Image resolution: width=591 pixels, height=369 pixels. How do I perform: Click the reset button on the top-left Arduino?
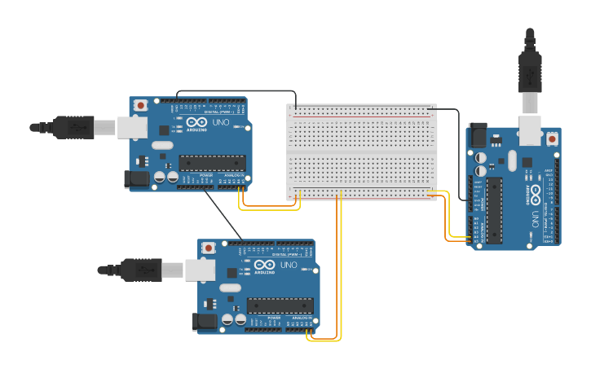tap(141, 105)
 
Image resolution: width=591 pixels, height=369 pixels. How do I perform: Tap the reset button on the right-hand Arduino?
tap(553, 139)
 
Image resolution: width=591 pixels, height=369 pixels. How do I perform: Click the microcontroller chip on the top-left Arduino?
tap(212, 163)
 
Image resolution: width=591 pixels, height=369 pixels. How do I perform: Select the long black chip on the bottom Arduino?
tap(280, 305)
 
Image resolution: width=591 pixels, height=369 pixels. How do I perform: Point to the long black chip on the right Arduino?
tap(495, 210)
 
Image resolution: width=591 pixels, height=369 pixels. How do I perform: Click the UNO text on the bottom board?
tap(289, 265)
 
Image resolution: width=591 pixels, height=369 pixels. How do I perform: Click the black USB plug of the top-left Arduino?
tap(73, 127)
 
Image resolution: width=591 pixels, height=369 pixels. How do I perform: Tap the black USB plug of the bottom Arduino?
tap(142, 270)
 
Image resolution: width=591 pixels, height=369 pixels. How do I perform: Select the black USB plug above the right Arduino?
tap(531, 73)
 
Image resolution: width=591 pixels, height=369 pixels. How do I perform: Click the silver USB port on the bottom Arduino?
tap(201, 270)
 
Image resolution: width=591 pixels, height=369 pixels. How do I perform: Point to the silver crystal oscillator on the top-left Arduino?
tap(162, 146)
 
